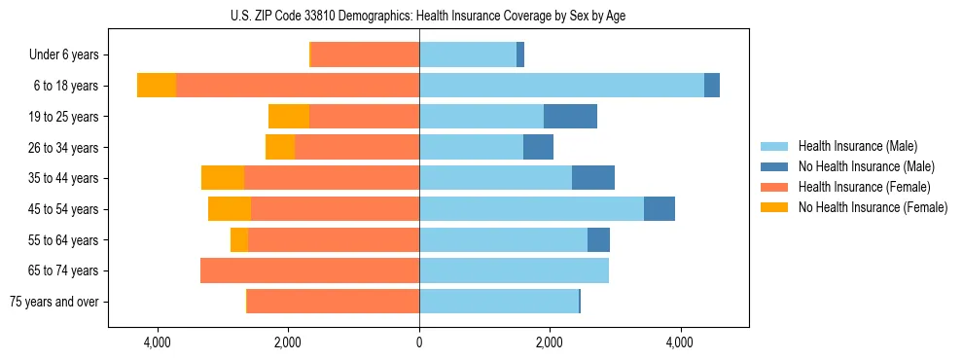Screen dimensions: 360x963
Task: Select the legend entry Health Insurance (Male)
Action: (x=856, y=146)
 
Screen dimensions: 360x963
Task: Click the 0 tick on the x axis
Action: (x=419, y=342)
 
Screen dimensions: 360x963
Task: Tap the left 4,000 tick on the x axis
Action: (x=157, y=342)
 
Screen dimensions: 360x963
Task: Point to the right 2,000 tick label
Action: (x=550, y=342)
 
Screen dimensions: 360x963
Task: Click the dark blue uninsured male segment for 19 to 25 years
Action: (x=570, y=117)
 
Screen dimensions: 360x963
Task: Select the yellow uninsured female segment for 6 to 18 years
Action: (x=157, y=86)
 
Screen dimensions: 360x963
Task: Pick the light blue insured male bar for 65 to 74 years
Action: (x=514, y=270)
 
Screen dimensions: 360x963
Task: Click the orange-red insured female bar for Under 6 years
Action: (x=365, y=55)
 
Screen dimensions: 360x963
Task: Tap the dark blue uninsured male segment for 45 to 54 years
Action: (x=660, y=209)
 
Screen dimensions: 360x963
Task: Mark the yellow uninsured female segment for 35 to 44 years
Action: (x=223, y=178)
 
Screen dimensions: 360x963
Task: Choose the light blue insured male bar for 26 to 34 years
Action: (x=471, y=147)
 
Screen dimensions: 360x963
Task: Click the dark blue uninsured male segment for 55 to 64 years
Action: (x=598, y=239)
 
